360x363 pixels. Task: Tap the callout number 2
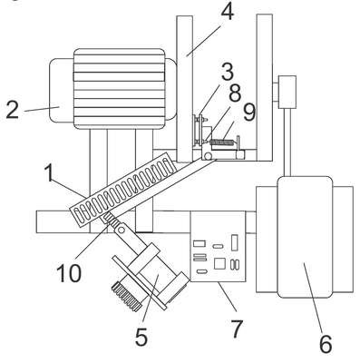point(13,110)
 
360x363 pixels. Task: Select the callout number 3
point(227,72)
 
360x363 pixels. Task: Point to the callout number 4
point(228,13)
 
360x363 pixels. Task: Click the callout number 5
point(141,337)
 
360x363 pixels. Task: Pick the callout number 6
point(326,344)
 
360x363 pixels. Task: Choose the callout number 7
point(237,329)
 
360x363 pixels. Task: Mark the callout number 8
point(235,93)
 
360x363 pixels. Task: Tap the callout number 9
point(249,113)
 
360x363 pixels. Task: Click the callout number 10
point(69,273)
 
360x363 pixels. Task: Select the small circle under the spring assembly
point(208,156)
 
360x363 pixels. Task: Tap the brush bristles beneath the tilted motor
point(127,297)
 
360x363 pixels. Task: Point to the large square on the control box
point(219,263)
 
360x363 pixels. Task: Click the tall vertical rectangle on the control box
point(234,242)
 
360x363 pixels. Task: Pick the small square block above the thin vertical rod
point(287,92)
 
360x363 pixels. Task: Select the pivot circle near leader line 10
point(122,231)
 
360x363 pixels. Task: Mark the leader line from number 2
point(42,109)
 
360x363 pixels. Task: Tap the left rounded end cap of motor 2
point(62,91)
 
